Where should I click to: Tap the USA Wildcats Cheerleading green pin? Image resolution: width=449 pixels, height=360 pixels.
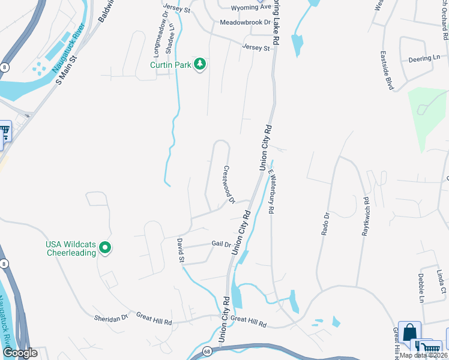[x=105, y=247]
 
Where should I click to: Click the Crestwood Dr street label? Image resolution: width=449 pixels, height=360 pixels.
[x=229, y=184]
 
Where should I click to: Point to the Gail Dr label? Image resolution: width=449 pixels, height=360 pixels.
[x=221, y=244]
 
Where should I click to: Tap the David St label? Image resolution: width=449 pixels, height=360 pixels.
[x=181, y=250]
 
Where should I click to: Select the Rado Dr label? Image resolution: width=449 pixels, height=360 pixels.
[x=326, y=223]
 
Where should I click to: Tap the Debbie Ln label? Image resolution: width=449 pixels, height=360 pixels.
[x=421, y=287]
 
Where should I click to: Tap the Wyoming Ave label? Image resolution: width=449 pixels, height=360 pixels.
[x=252, y=7]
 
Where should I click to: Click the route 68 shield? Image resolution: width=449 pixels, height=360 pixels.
[x=206, y=350]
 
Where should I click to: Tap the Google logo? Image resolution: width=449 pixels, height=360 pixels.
[x=19, y=353]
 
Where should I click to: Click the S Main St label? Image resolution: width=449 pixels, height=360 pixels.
[x=68, y=70]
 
